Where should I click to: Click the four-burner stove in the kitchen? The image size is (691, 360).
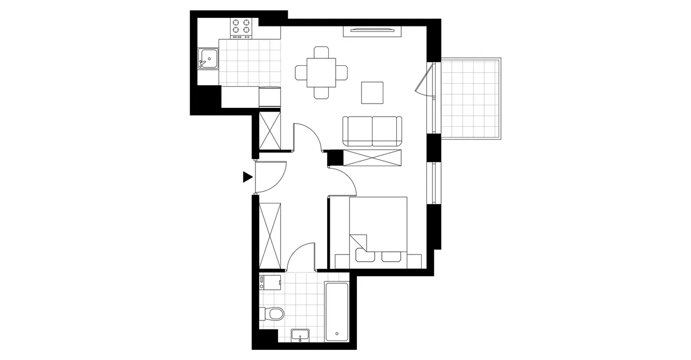click(x=242, y=28)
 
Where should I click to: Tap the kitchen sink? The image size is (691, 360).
click(x=208, y=59)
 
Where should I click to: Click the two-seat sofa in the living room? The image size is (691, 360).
click(x=373, y=131)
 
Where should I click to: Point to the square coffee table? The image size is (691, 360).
click(x=372, y=93)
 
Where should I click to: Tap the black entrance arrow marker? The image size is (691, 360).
click(x=248, y=177)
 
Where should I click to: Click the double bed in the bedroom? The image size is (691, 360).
click(x=378, y=229)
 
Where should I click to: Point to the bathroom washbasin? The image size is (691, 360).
click(x=300, y=335)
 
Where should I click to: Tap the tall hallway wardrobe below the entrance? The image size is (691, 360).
click(x=270, y=234)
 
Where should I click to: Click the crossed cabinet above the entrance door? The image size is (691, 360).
click(x=270, y=130)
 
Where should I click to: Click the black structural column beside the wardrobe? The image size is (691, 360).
click(x=336, y=157)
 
